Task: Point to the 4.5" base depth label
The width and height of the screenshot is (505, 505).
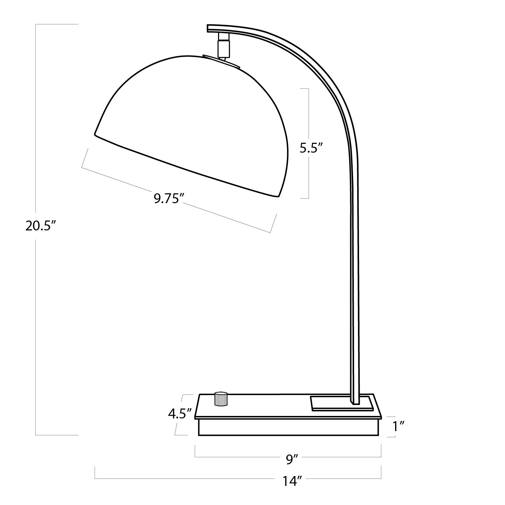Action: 180,413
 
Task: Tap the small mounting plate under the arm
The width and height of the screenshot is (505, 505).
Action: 341,403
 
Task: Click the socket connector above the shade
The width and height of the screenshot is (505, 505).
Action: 223,45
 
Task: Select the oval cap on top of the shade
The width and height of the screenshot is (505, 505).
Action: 222,60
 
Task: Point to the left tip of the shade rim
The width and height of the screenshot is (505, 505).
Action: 95,134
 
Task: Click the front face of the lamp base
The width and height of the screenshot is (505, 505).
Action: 290,427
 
